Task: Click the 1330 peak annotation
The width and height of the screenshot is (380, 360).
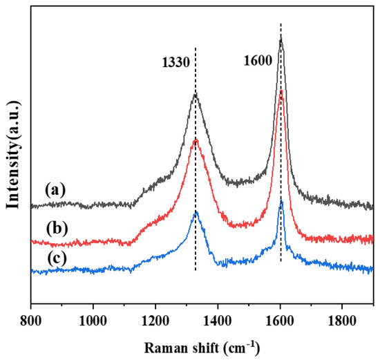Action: pos(175,61)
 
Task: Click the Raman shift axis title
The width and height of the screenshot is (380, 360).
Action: pos(202,345)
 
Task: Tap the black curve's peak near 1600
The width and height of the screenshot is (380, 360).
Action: pos(281,39)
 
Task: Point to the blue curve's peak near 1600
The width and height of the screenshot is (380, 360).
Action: pos(281,201)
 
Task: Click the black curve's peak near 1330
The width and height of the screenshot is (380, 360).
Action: pos(196,95)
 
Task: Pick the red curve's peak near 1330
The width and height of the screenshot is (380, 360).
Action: pos(196,140)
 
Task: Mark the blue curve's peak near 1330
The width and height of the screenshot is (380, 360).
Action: pos(196,212)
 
